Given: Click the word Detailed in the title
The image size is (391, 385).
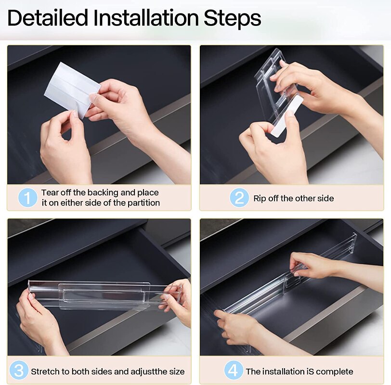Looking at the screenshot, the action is coord(48,18).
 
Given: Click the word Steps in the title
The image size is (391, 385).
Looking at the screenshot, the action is coord(233,18).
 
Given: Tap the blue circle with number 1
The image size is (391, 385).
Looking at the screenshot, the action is coord(27,198).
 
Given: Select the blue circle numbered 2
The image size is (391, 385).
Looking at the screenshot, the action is coord(239,198).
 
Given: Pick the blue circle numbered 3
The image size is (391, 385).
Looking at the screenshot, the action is coord(19,370).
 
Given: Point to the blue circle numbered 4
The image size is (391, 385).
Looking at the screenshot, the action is coord(233,370).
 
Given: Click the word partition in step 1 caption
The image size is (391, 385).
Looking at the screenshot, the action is coord(143,203).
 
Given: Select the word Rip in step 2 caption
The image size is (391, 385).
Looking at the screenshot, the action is coord(260,199).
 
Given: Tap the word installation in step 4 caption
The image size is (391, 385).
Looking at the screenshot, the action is coord(284,372).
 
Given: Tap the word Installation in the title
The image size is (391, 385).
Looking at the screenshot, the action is coord(146,18).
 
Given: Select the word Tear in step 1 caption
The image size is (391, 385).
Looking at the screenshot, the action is coord(50,192).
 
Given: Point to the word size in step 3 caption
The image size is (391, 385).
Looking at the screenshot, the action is coord(177,372).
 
